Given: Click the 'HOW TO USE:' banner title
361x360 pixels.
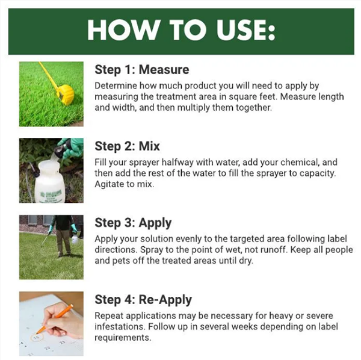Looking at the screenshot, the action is pyautogui.click(x=181, y=31).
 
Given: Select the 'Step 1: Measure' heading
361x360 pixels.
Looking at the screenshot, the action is pyautogui.click(x=142, y=70).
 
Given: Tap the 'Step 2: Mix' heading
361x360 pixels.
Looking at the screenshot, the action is pyautogui.click(x=127, y=146).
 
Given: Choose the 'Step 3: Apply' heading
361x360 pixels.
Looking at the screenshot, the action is pyautogui.click(x=133, y=223).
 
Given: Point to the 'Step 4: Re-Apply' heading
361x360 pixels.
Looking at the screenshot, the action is pyautogui.click(x=143, y=300).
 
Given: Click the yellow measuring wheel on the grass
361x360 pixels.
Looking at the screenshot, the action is pyautogui.click(x=65, y=94).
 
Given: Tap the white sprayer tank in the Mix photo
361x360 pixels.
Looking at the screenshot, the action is pyautogui.click(x=49, y=182).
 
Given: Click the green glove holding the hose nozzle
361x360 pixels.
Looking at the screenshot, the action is pyautogui.click(x=72, y=148).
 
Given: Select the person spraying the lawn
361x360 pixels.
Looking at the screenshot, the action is pyautogui.click(x=64, y=235).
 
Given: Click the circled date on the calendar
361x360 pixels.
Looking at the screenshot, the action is pyautogui.click(x=37, y=338).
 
